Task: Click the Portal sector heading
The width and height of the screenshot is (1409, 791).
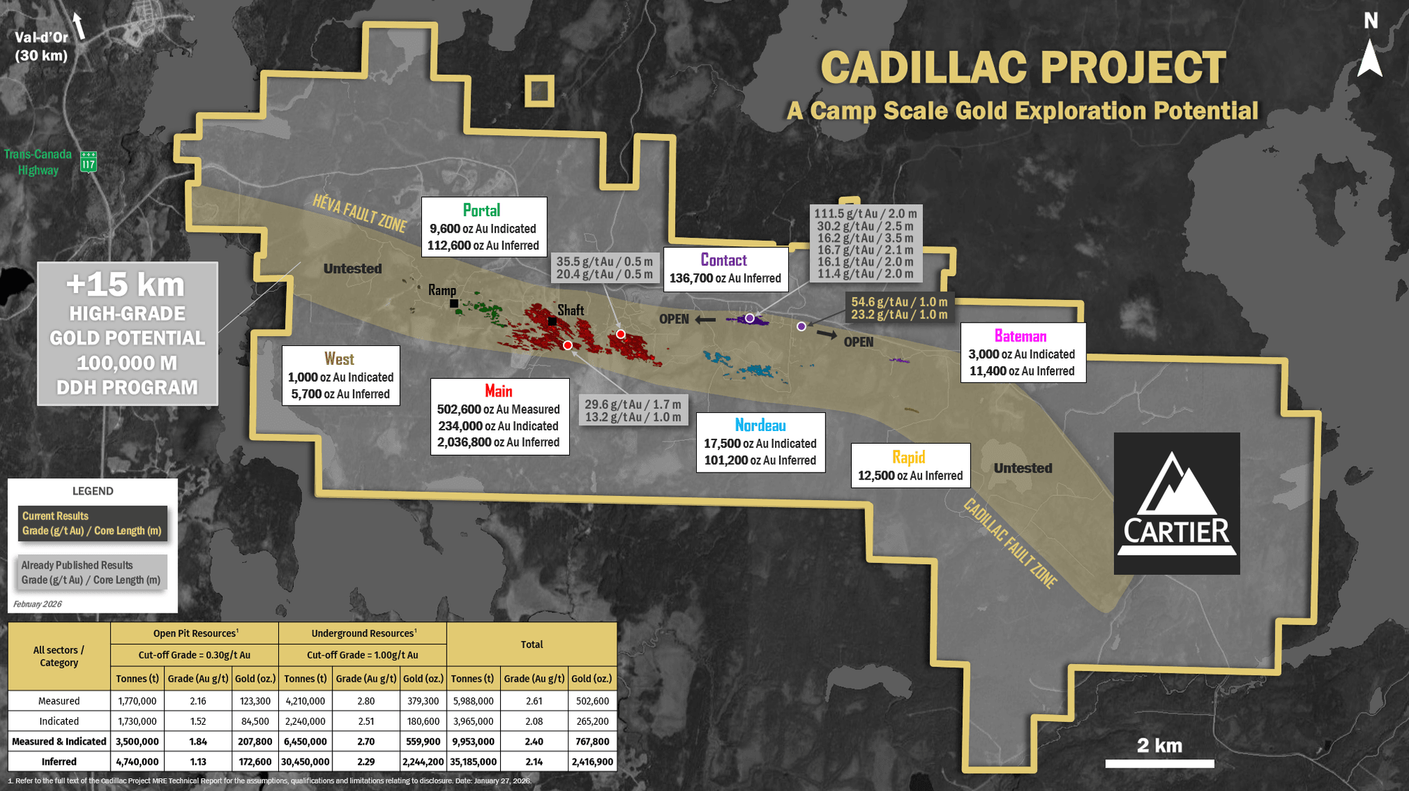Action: coord(482,211)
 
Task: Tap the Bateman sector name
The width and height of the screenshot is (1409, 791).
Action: coord(1020,336)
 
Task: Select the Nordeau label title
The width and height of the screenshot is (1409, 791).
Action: coord(760,425)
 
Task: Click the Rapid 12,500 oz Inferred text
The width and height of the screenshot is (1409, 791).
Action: coord(910,476)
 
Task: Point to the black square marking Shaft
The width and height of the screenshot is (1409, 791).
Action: coord(552,321)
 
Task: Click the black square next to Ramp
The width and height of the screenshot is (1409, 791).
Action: coord(454,304)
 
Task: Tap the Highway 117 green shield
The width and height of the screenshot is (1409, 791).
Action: coord(88,161)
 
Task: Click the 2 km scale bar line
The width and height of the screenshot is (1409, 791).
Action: coord(1159,764)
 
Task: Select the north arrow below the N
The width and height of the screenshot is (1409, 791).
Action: coord(1370,58)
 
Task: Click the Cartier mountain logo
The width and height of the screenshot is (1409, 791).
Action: coord(1177,503)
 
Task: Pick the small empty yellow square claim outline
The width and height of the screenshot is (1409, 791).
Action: coord(540,91)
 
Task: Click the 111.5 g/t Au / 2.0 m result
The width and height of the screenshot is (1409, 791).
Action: coord(865,214)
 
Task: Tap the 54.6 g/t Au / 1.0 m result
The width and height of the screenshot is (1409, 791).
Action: coord(899,302)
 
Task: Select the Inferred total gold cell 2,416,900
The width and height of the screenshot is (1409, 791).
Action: coord(592,762)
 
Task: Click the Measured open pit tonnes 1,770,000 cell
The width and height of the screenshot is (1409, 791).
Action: coord(137,702)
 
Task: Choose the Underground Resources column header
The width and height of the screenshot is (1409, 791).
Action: coord(363,633)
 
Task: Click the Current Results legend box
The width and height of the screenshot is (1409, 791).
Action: coord(92,523)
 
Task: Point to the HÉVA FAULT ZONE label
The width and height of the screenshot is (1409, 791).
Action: coord(359,213)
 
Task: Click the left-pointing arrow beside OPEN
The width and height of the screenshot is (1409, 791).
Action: coord(705,320)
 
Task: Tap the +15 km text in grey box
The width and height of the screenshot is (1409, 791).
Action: coord(125,285)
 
